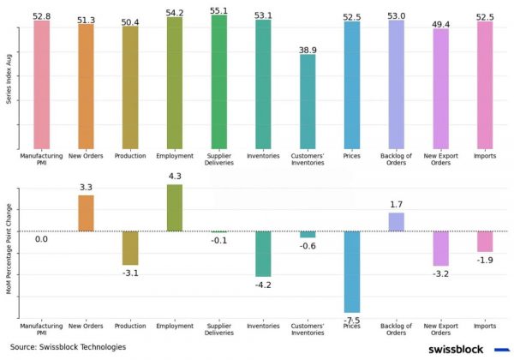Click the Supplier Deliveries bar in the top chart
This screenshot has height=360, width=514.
(x=219, y=81)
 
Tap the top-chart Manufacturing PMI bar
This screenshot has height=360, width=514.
(x=42, y=85)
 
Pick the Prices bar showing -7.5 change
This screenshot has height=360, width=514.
(x=352, y=272)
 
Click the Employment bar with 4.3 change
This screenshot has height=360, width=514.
(x=175, y=207)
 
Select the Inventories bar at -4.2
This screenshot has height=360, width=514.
(x=263, y=254)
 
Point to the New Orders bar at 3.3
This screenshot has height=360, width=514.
(x=86, y=213)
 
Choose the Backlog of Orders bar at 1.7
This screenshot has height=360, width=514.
(x=396, y=222)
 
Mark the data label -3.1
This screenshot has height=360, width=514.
(x=130, y=273)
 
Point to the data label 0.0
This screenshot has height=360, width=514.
(x=42, y=240)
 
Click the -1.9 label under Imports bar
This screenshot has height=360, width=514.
(x=485, y=260)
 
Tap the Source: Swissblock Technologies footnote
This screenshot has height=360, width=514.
(x=68, y=347)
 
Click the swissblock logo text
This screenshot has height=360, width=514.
(x=456, y=350)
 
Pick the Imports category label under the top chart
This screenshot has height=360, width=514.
(x=485, y=157)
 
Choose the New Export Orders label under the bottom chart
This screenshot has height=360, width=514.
(x=440, y=330)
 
